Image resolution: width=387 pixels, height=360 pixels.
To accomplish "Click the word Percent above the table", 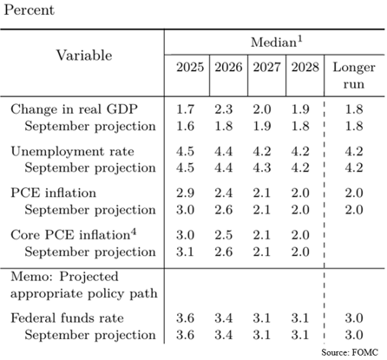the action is click(x=29, y=10).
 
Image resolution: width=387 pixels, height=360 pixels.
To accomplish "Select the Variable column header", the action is click(x=84, y=56).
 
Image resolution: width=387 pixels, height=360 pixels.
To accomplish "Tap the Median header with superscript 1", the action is click(x=277, y=42).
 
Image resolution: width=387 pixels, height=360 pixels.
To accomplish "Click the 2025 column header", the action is click(x=190, y=68).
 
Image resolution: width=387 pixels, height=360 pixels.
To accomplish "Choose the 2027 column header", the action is click(x=266, y=68).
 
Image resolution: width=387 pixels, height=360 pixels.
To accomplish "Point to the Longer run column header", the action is click(x=354, y=75).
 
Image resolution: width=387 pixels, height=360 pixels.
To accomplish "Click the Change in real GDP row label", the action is click(x=74, y=109).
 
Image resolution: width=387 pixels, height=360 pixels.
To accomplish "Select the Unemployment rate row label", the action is click(x=72, y=151).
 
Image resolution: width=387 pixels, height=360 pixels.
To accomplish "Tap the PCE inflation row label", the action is click(x=53, y=193).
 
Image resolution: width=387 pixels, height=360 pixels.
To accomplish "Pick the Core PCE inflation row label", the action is click(x=74, y=234).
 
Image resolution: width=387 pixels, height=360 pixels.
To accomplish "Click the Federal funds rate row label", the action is click(x=67, y=318).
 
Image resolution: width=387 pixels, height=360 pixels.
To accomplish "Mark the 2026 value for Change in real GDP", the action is click(x=223, y=109).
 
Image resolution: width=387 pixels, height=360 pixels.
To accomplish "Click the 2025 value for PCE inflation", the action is click(x=185, y=193).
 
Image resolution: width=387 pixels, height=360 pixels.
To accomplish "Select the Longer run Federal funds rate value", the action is click(x=354, y=318).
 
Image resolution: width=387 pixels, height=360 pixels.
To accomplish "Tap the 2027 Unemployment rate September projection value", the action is click(x=262, y=168).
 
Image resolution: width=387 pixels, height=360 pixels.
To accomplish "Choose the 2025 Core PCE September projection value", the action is click(x=185, y=252).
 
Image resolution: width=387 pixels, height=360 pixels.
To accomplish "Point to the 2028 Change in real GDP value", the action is click(x=300, y=109).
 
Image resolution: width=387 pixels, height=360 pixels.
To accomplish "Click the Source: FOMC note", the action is click(x=350, y=352).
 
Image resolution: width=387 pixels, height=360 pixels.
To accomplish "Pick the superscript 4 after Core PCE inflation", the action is click(x=133, y=232).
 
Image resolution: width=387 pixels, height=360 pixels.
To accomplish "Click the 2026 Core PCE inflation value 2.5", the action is click(x=223, y=235).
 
